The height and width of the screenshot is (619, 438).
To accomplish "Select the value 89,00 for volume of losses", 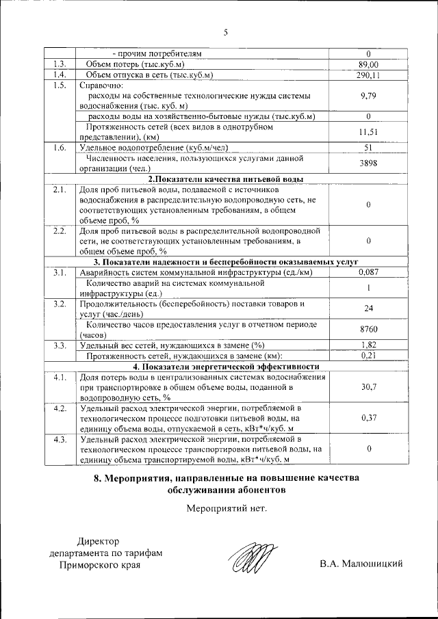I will point(368,64).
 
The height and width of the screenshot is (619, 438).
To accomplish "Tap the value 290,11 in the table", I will point(368,75).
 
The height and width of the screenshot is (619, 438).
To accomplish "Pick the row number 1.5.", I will point(59,85).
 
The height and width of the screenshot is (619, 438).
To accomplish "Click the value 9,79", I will point(368,96).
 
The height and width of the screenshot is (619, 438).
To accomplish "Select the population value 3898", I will point(368,164).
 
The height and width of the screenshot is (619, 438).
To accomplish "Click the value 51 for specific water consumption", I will point(368,148).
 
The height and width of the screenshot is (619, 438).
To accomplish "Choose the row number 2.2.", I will point(59,231).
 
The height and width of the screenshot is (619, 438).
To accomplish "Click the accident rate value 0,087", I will point(368,273).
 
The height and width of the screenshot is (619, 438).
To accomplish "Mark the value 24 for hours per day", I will point(368,308).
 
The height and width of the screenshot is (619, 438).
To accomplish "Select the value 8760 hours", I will point(368,330).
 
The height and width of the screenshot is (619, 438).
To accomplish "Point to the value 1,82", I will point(368,345).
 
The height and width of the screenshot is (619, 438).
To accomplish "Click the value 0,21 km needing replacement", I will point(368,356).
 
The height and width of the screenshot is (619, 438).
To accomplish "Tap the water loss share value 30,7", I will point(368,387).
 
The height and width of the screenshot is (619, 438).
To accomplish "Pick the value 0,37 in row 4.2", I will point(368,418).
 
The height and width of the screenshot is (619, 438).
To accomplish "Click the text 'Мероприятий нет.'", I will point(225,508).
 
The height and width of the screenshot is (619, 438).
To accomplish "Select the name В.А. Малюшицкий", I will point(360,564).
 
